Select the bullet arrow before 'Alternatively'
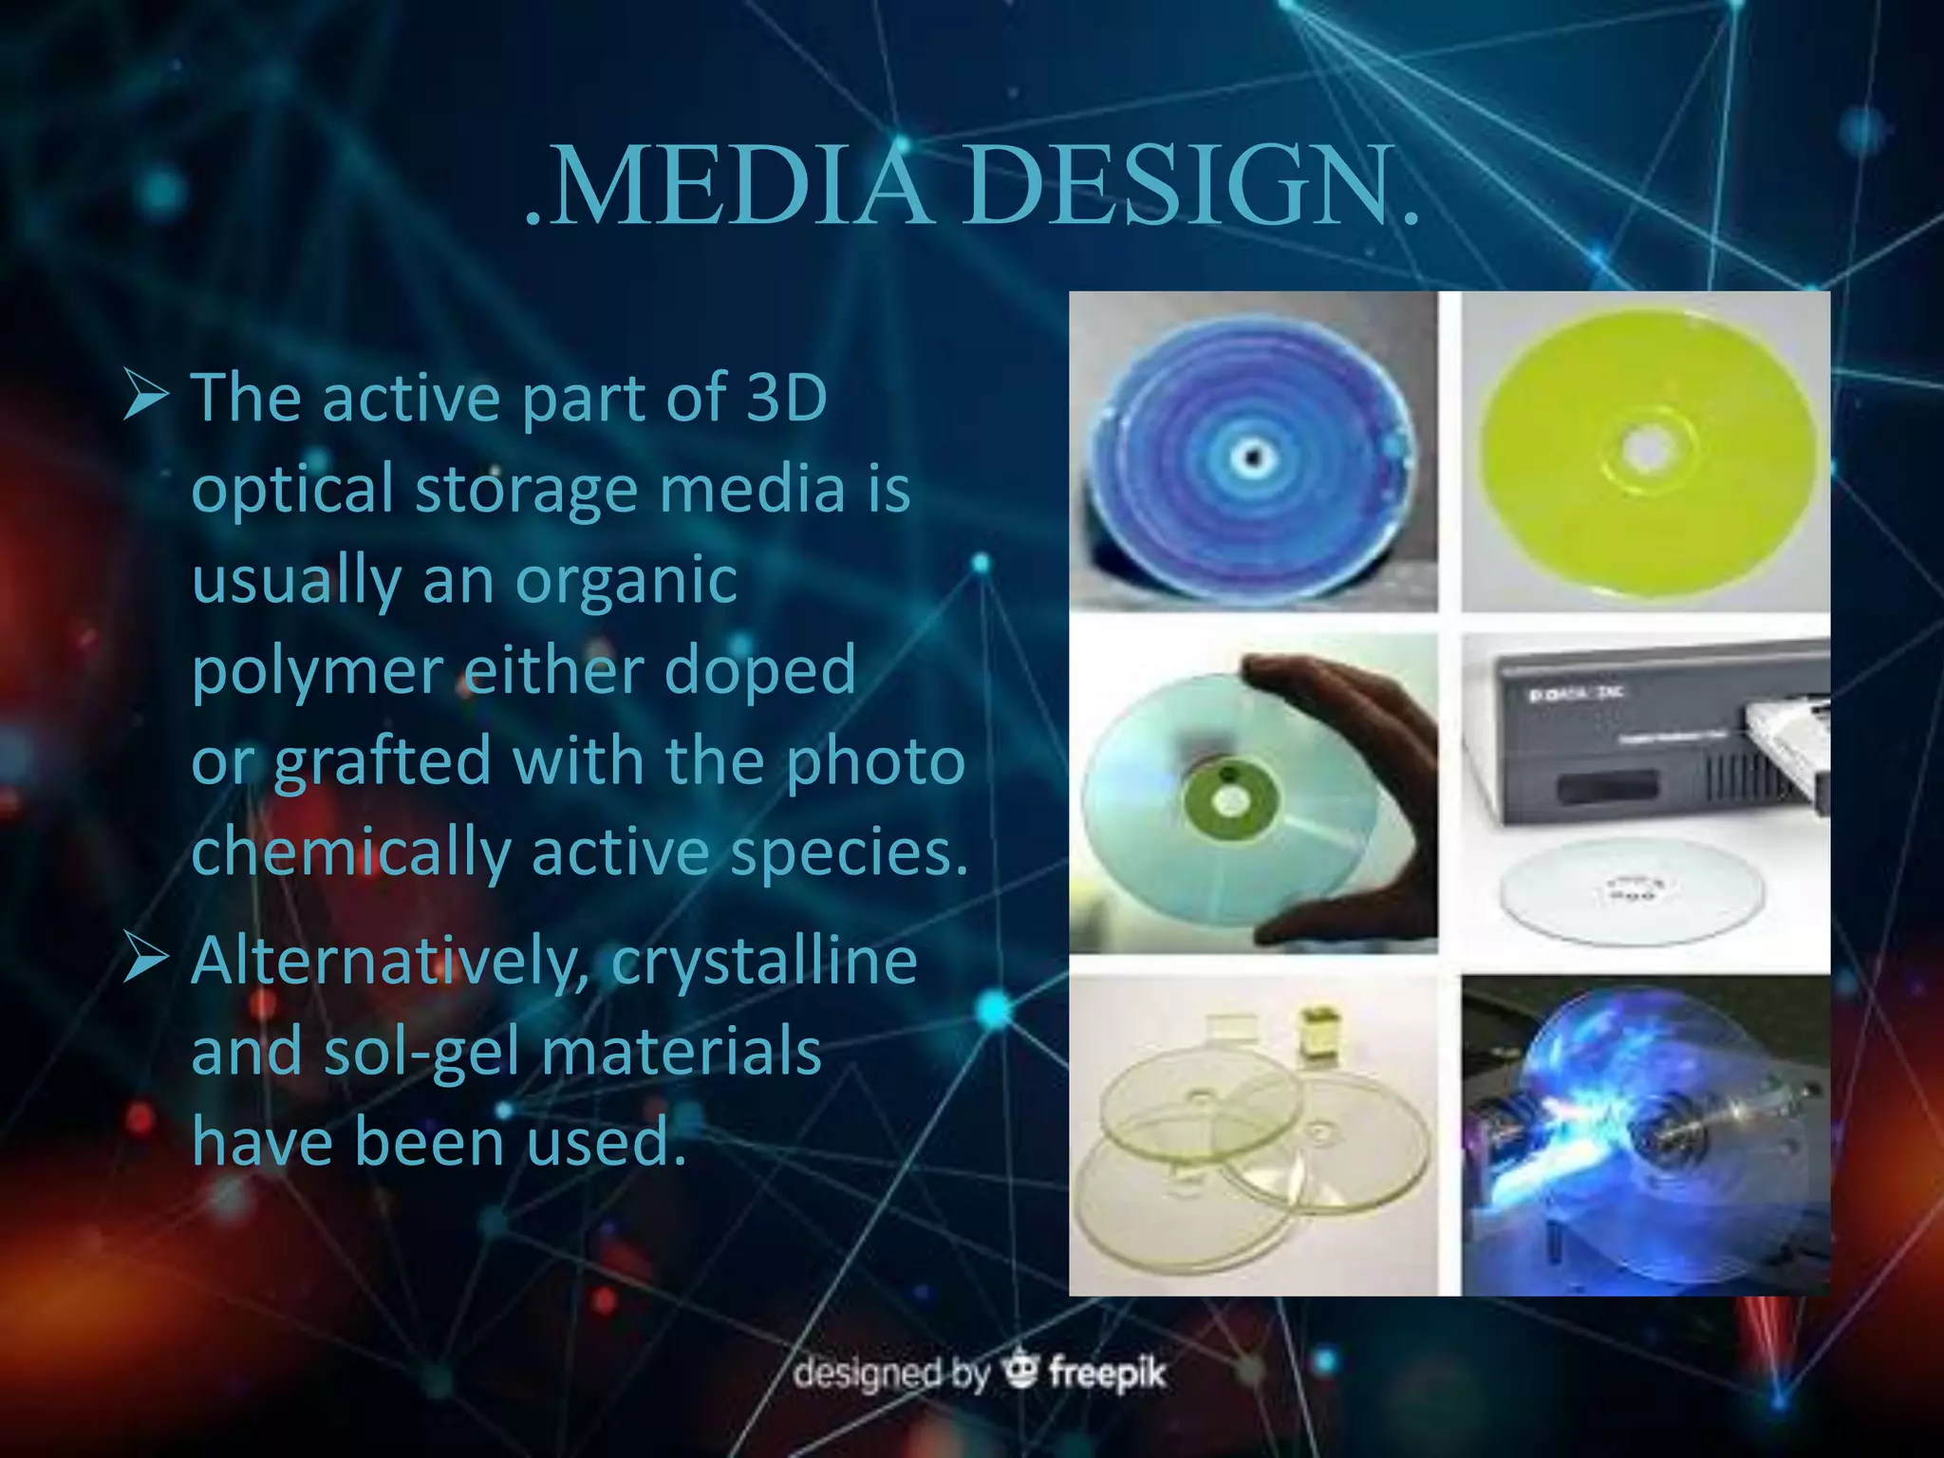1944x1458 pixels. (146, 960)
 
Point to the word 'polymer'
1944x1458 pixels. (317, 670)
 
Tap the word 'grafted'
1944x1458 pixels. (383, 761)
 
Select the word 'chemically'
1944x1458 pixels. (351, 851)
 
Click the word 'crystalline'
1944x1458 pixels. (764, 961)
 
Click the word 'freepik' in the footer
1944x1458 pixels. (1107, 1374)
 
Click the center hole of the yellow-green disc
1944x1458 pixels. (1649, 447)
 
